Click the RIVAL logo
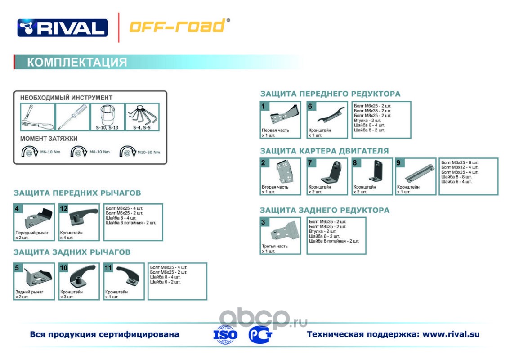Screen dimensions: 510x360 [63, 27]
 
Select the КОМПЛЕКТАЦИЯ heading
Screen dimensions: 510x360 [77, 62]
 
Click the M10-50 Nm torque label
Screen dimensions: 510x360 [148, 152]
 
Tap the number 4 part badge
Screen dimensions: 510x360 [17, 209]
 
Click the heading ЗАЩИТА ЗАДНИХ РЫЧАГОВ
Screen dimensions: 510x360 [72, 252]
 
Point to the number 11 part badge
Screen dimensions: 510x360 [108, 268]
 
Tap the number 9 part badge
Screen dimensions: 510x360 [398, 163]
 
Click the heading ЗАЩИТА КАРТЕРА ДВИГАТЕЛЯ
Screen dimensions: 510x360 [324, 151]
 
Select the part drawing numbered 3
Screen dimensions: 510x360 [283, 232]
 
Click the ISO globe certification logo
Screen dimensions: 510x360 [227, 334]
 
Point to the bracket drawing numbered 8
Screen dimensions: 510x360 [373, 173]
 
